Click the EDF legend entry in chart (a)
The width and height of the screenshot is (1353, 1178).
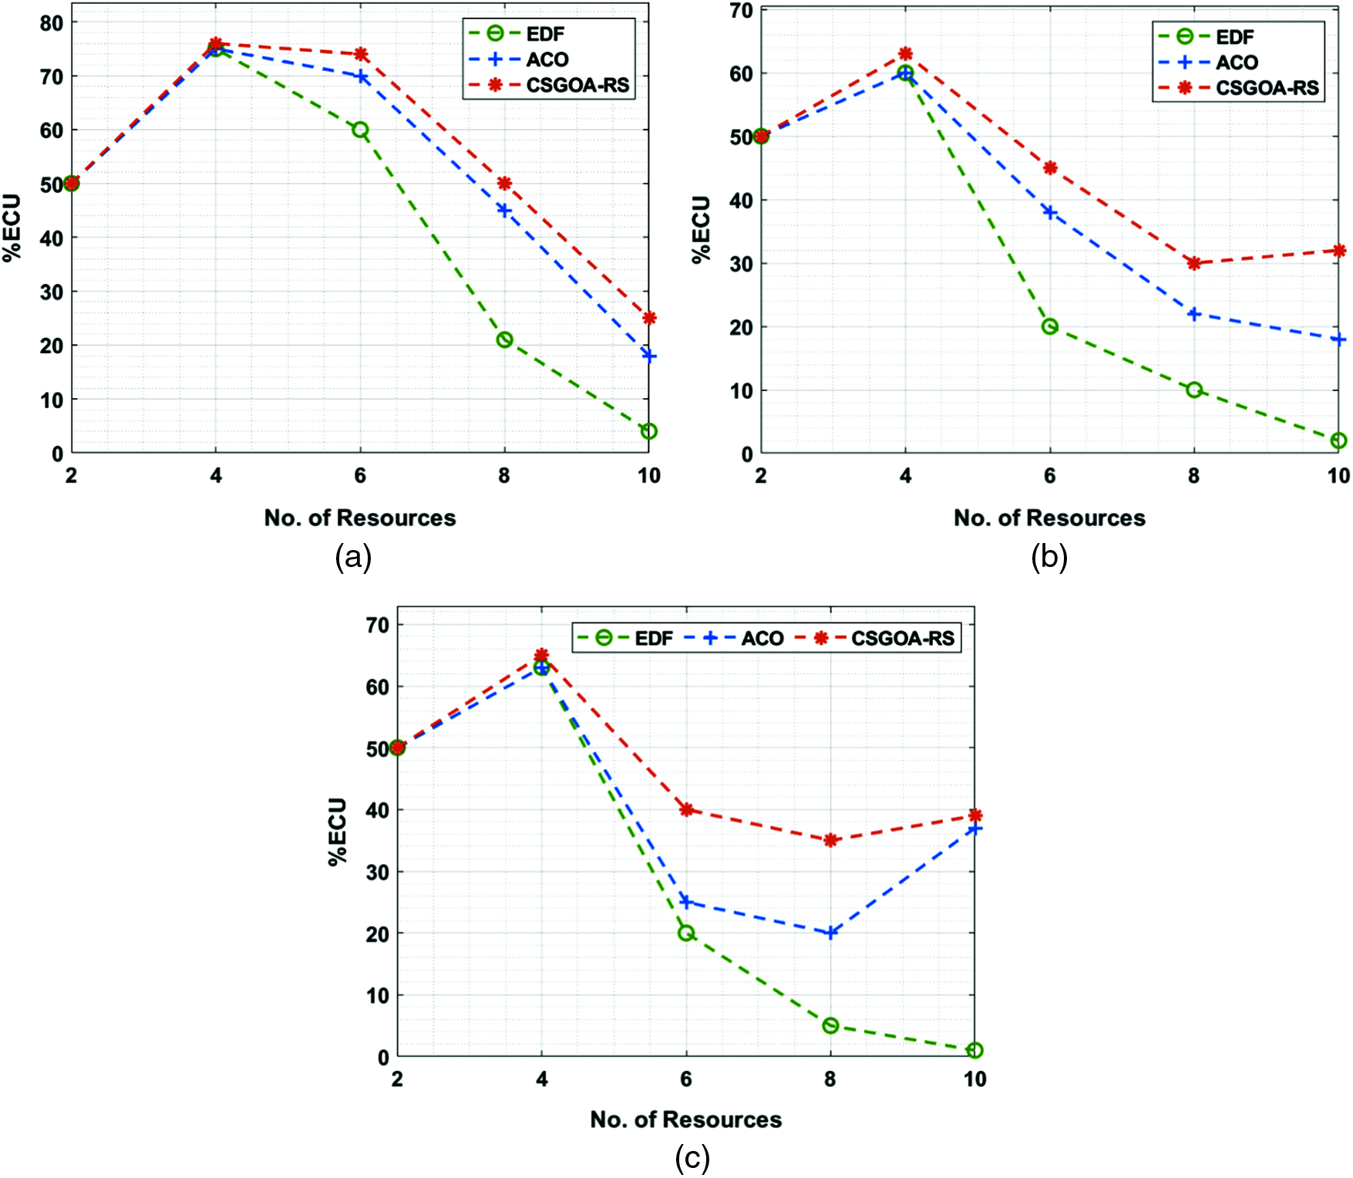544,34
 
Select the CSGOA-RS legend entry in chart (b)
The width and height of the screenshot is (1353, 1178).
1267,88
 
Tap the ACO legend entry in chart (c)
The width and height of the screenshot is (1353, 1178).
762,638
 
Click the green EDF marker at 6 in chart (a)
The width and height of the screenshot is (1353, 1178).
360,130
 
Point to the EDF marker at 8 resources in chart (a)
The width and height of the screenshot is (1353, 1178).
504,339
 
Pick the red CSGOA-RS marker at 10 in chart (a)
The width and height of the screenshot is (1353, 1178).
649,318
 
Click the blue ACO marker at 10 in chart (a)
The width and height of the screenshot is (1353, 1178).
649,356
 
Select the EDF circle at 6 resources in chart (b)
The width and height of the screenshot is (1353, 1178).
1049,326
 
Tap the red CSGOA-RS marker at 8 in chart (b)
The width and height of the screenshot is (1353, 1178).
1194,263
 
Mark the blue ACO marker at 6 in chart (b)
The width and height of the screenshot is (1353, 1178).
1049,212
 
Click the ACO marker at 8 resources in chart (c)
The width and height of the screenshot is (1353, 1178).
830,933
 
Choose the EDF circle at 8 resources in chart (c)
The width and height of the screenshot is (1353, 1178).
830,1025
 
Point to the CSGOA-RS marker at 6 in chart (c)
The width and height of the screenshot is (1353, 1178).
686,809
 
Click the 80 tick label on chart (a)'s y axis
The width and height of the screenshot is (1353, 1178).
51,23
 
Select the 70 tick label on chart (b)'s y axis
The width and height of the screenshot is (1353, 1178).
741,11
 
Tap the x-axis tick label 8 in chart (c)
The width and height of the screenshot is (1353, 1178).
830,1078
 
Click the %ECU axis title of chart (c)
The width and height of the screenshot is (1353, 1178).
338,831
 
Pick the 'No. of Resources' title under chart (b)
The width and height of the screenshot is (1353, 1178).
1049,518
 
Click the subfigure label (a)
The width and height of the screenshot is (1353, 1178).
353,556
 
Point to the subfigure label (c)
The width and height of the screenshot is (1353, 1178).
692,1158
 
